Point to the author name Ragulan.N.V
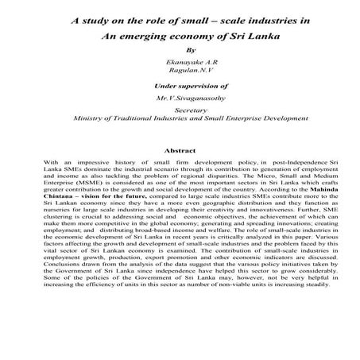click(x=180, y=72)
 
